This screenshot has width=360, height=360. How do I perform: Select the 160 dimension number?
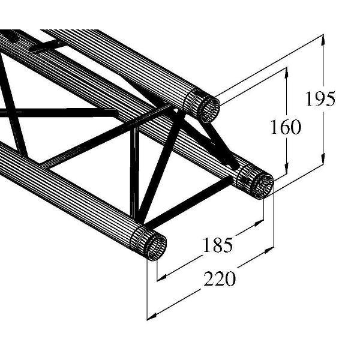pyautogui.click(x=284, y=128)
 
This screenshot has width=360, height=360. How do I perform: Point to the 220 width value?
pyautogui.click(x=220, y=279)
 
